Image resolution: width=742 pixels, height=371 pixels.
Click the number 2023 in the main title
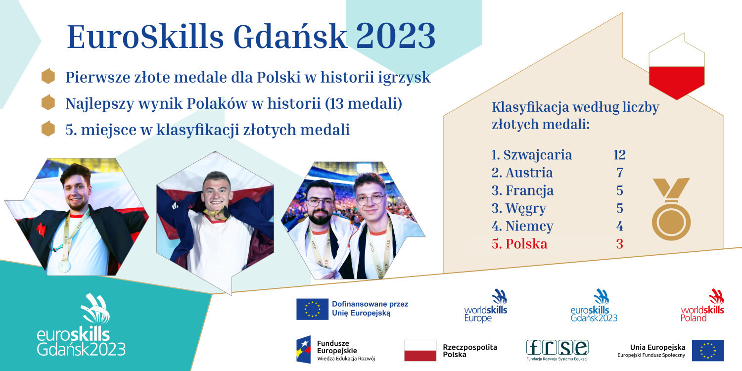coord(396,37)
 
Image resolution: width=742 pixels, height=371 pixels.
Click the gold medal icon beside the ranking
coord(671,209)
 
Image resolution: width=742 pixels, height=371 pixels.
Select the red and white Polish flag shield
coord(676,66)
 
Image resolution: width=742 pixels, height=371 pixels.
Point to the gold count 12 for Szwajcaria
coord(619,155)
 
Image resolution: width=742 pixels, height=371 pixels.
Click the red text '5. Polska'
coord(519,244)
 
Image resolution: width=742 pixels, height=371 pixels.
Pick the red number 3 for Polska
coord(620,244)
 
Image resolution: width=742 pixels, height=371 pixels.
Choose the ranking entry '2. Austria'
coord(522,173)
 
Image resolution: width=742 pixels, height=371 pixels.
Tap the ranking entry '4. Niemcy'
coord(522,226)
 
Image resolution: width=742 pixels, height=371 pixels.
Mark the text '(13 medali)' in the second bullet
coord(364,104)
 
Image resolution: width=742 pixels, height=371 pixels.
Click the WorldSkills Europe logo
coord(486,305)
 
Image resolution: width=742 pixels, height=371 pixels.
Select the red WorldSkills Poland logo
coord(702,305)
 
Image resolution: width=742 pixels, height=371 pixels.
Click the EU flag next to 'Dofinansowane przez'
coord(312,309)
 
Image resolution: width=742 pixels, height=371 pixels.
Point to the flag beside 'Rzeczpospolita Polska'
coord(420,350)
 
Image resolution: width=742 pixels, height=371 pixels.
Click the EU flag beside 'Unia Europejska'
coord(708,350)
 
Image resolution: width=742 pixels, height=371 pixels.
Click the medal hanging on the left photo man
coord(64,266)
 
